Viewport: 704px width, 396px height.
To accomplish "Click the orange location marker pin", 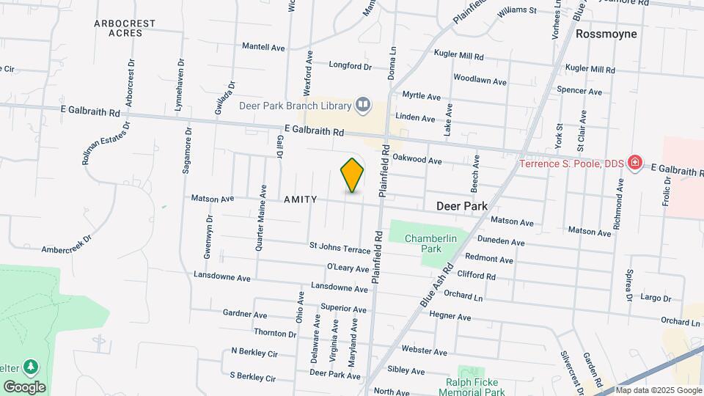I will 353,175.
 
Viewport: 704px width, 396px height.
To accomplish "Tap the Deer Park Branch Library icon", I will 362,106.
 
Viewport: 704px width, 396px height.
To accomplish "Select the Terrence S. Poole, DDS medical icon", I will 635,163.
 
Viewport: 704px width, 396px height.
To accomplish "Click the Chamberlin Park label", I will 430,243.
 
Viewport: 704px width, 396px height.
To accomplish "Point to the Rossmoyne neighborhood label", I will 606,34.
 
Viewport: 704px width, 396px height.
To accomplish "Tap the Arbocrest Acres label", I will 125,28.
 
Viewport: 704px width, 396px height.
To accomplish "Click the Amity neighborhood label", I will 300,199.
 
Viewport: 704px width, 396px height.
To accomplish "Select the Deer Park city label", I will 462,207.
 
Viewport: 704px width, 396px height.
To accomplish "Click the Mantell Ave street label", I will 263,47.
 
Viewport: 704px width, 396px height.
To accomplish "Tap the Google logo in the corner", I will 24,386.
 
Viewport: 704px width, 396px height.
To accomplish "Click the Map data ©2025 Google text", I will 659,390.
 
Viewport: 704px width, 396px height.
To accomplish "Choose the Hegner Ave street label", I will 450,317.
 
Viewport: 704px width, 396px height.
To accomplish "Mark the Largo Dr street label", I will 656,298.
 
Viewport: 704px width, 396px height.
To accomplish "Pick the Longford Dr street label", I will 350,66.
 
